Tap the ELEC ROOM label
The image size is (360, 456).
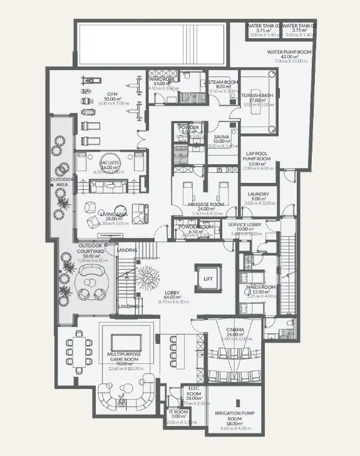pos(193,391)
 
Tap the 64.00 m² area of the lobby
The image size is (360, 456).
pos(172,298)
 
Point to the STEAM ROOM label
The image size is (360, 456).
pos(223,82)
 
